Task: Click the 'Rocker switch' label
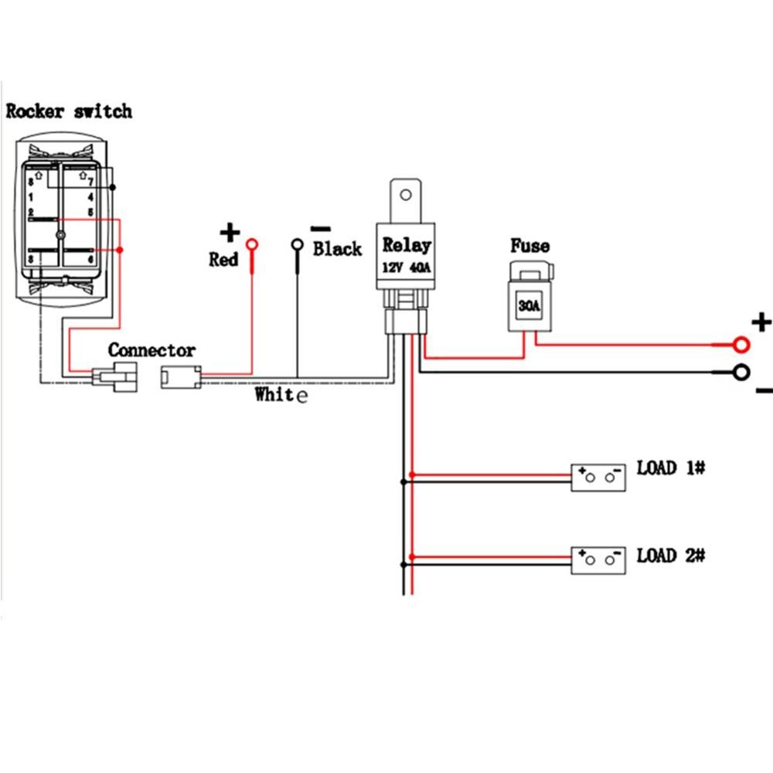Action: coord(69,111)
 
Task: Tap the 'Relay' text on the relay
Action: coord(407,246)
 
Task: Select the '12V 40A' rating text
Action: coord(407,267)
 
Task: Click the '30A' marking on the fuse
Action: coord(529,306)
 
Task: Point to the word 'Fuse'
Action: coord(530,247)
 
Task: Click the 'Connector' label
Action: coord(152,350)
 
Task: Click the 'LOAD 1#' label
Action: coord(671,468)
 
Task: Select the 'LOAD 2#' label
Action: coord(671,556)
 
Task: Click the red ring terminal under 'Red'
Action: coord(252,246)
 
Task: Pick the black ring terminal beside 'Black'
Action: coord(297,246)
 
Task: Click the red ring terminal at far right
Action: coord(742,344)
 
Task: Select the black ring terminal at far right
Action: coord(742,373)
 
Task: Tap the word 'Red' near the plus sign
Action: coord(223,260)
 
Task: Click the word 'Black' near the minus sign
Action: coord(337,249)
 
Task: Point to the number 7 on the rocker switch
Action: coord(91,182)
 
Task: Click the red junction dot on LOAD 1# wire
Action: coord(414,473)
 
